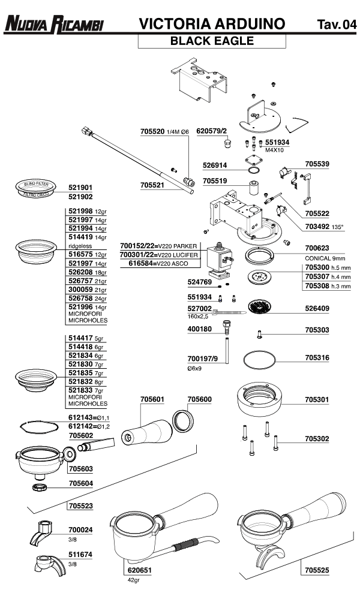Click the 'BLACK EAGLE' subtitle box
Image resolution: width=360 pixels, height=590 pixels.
(x=212, y=41)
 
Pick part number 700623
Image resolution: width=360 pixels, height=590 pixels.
(x=317, y=246)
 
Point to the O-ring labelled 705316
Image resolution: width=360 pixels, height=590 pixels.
(x=260, y=361)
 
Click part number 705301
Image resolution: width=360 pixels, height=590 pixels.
(x=317, y=399)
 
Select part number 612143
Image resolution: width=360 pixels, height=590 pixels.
(x=79, y=417)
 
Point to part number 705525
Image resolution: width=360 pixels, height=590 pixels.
(x=317, y=570)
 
